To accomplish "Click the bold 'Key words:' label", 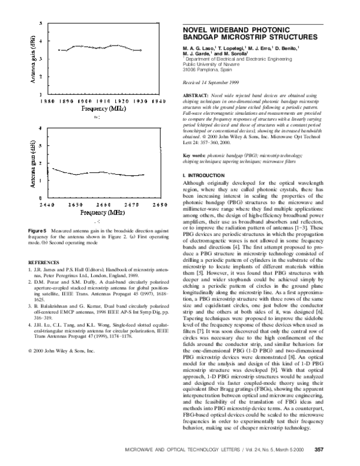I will (194, 155).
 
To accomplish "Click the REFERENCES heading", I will (44, 262).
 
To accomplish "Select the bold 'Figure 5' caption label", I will (38, 231).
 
